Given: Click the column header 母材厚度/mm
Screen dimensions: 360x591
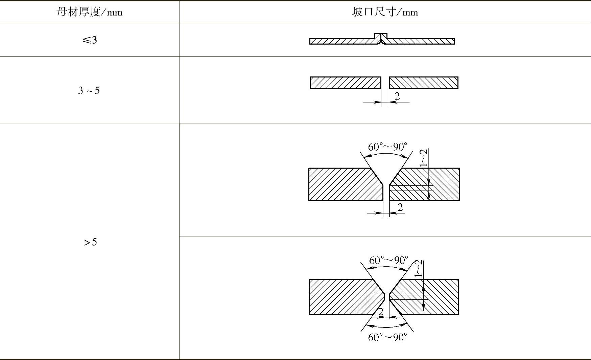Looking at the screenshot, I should pyautogui.click(x=89, y=13).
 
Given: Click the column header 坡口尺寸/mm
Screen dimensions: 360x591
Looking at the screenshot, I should pyautogui.click(x=385, y=13).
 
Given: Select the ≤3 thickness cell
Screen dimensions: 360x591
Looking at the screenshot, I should pyautogui.click(x=90, y=40).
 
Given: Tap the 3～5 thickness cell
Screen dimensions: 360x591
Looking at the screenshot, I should pyautogui.click(x=89, y=91).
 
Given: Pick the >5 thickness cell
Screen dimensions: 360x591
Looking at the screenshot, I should pyautogui.click(x=90, y=242).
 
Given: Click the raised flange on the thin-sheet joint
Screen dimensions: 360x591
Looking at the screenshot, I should pyautogui.click(x=381, y=36).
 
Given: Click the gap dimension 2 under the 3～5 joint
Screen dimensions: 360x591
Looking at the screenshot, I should pyautogui.click(x=397, y=96).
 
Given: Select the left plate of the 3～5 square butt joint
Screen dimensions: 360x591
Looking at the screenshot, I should pyautogui.click(x=345, y=83).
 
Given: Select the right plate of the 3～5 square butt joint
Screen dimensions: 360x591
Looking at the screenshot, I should pyautogui.click(x=423, y=83).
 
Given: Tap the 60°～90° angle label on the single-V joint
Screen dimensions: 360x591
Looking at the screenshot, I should pyautogui.click(x=387, y=147).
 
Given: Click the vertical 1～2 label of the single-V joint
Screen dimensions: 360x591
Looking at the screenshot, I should pyautogui.click(x=424, y=158).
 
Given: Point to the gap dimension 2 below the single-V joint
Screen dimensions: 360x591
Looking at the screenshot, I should pyautogui.click(x=400, y=207).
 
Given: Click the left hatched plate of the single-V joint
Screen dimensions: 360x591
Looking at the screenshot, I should pyautogui.click(x=343, y=184).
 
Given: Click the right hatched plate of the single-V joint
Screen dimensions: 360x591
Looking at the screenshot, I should pyautogui.click(x=440, y=184).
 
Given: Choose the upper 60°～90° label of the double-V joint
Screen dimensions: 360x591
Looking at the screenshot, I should pyautogui.click(x=388, y=260).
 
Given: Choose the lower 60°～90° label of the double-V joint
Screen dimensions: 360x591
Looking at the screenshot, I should pyautogui.click(x=387, y=338).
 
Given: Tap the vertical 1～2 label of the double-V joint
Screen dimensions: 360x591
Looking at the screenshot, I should pyautogui.click(x=419, y=269).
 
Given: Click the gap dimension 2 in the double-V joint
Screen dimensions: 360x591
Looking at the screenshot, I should pyautogui.click(x=381, y=312).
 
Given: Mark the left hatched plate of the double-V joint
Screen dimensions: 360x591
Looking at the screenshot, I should pyautogui.click(x=343, y=297).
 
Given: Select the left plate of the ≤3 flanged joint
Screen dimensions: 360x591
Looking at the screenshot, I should pyautogui.click(x=341, y=41).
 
